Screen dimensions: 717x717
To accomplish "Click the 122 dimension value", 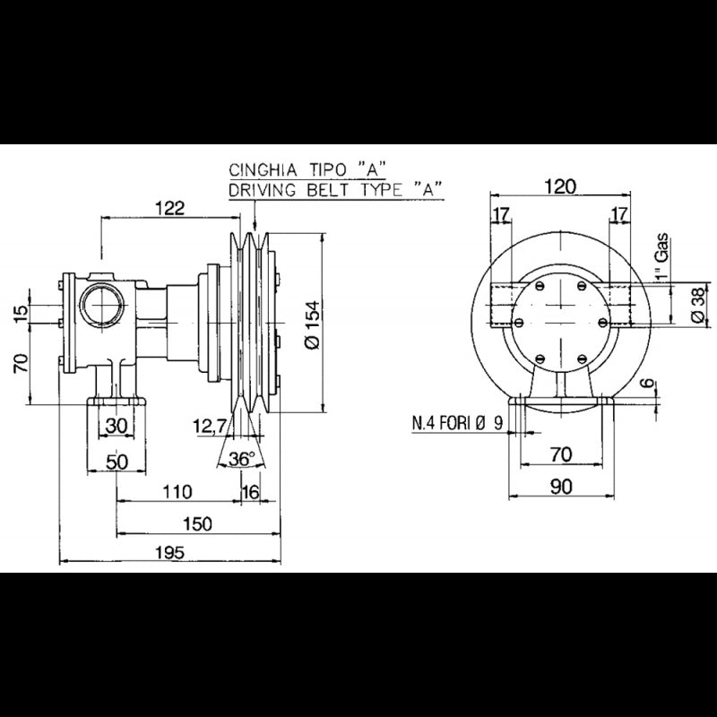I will [x=168, y=208].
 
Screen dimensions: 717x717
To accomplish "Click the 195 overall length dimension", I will [x=169, y=553].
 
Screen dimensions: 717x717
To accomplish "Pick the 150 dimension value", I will [x=195, y=523].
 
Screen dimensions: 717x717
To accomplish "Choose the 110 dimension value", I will [x=178, y=491].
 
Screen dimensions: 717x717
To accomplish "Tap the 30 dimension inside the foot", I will [x=117, y=427].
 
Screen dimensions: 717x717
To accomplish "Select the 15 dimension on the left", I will [x=21, y=311].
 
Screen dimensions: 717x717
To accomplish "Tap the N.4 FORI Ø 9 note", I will [x=457, y=423].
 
